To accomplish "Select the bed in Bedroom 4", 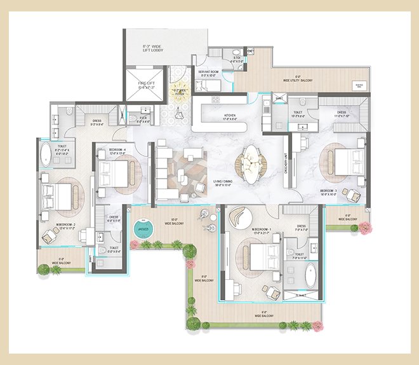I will (x=115, y=170).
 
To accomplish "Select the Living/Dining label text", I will (x=223, y=183).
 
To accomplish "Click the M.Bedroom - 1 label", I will (x=244, y=230).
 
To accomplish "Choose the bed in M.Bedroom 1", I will (x=261, y=257).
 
